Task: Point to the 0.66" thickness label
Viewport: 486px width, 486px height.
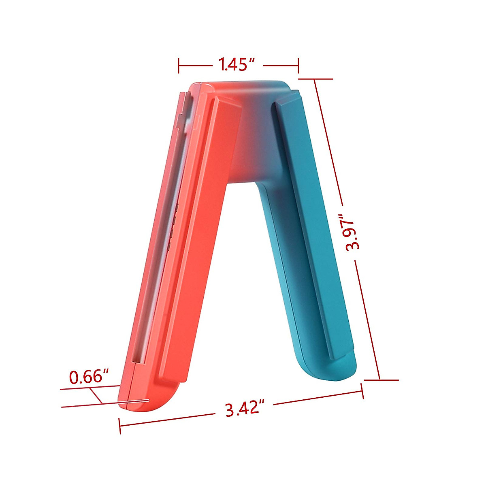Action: tap(90, 377)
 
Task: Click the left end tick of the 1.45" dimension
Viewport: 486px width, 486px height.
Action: tap(179, 65)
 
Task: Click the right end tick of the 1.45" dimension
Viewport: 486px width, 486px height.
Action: tap(298, 65)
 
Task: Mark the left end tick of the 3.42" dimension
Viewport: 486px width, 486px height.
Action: tap(120, 426)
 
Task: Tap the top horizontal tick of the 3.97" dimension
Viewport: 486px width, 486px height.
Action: tap(315, 79)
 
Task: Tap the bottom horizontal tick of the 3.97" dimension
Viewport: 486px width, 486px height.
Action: tap(381, 380)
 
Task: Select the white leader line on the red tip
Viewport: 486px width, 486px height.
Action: tap(134, 402)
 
